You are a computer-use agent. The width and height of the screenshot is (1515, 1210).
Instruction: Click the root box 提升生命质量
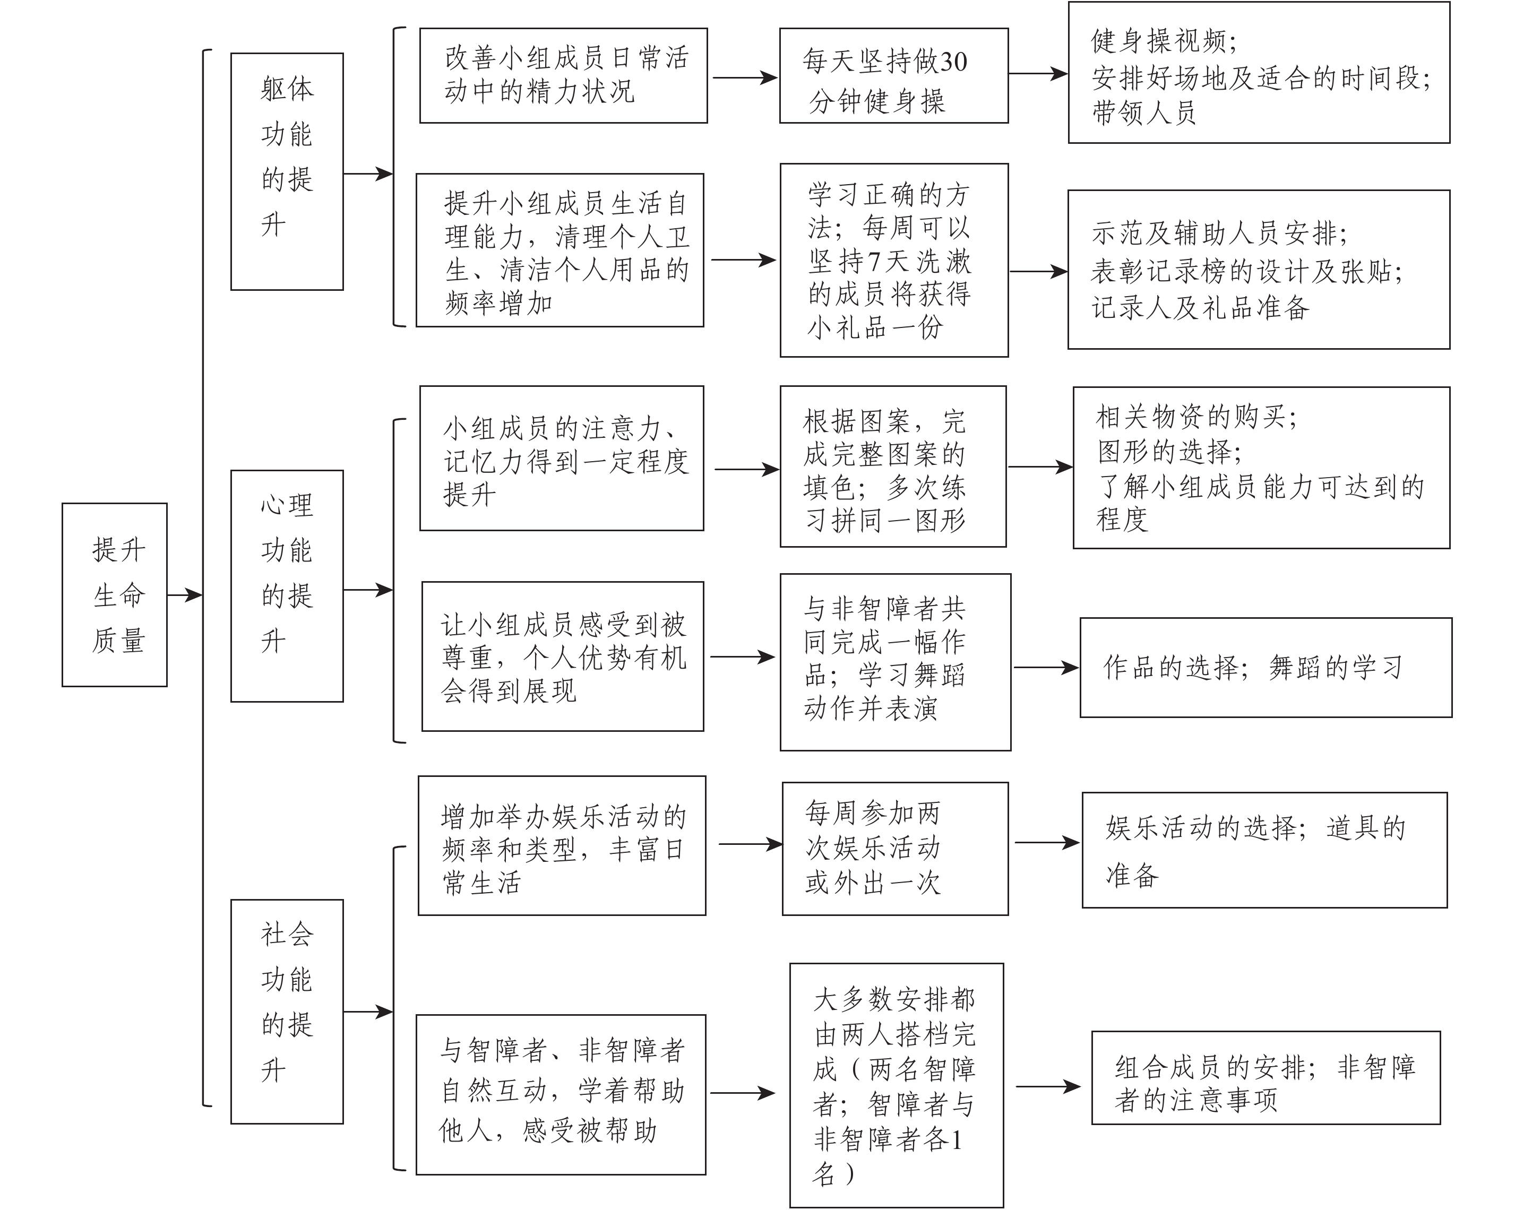tap(115, 594)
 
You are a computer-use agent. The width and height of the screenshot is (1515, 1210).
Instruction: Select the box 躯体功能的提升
tap(287, 171)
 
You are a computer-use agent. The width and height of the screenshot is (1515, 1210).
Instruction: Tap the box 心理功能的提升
tap(287, 585)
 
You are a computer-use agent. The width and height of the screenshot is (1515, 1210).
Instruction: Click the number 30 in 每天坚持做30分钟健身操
tap(953, 63)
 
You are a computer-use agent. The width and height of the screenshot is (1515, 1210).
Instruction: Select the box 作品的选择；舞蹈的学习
tap(1266, 668)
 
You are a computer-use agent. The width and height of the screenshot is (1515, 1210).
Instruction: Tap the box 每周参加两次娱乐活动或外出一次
tap(894, 848)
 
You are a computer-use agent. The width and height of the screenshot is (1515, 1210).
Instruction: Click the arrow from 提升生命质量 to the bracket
tap(185, 595)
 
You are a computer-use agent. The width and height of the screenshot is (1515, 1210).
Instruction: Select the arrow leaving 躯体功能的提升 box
tap(367, 174)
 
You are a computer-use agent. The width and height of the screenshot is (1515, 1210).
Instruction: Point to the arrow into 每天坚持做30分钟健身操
tap(744, 77)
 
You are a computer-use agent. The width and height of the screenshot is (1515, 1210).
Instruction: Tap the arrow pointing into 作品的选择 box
tap(1046, 668)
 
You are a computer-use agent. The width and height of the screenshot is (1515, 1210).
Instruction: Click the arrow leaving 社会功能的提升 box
tap(367, 1012)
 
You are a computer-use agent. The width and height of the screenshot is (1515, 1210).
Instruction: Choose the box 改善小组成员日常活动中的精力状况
tap(563, 76)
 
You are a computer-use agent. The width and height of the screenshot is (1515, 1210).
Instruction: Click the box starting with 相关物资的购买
tap(1261, 467)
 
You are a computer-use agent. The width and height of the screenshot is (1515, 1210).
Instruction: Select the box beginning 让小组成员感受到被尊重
tap(562, 656)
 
